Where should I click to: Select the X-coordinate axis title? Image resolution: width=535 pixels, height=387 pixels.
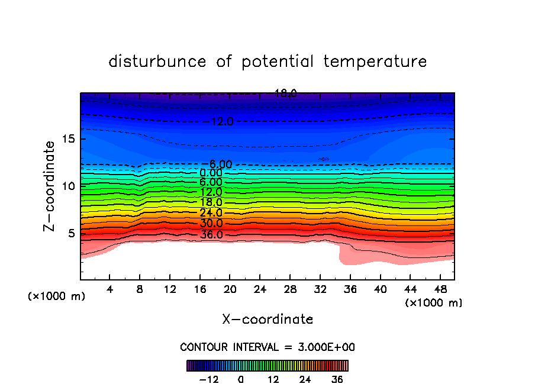tap(267, 320)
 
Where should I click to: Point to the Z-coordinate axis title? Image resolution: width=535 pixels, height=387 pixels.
tap(50, 186)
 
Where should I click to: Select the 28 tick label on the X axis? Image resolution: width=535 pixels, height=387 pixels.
tap(290, 289)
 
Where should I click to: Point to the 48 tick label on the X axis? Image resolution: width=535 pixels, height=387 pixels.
tap(440, 289)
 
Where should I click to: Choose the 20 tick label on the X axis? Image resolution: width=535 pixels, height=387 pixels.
tap(230, 289)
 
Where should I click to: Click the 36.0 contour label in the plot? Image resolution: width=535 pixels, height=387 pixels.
tap(211, 235)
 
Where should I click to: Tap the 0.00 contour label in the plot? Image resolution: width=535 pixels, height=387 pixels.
tap(211, 173)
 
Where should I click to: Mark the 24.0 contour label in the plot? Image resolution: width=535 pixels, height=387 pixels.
tap(211, 213)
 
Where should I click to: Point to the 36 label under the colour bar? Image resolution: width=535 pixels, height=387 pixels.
tap(337, 379)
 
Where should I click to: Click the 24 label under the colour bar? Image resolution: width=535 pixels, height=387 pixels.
tap(305, 379)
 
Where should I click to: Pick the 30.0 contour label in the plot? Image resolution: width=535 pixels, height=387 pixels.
tap(211, 224)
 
